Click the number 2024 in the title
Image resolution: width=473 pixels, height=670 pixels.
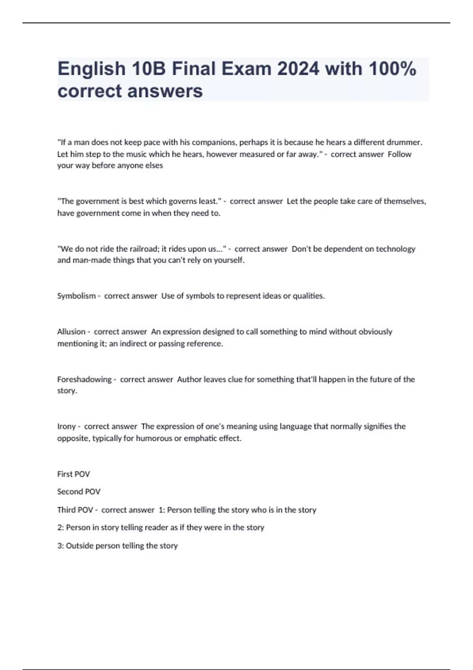298,69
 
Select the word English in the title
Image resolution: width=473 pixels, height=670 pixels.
91,69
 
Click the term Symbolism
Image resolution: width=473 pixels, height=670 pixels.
76,296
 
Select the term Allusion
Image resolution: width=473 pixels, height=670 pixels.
71,332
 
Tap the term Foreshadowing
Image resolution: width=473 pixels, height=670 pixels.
84,380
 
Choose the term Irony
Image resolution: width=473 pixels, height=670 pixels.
66,426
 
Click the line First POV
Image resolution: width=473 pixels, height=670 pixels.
74,474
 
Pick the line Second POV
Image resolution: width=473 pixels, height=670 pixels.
79,492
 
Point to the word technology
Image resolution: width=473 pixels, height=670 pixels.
395,249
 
